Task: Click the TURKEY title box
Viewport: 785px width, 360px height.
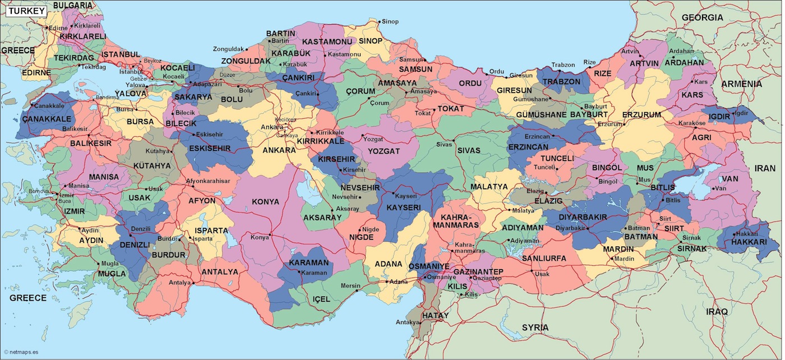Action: (x=25, y=11)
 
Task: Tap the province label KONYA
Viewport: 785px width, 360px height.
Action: (x=265, y=201)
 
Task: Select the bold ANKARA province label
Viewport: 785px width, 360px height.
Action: (x=279, y=150)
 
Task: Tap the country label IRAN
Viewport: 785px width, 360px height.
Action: (x=764, y=168)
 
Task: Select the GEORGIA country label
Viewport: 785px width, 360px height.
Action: (x=703, y=17)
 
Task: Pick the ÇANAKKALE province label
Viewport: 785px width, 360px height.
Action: (x=47, y=119)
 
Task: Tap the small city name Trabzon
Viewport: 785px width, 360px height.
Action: (x=563, y=65)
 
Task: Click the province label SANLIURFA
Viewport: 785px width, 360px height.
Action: (x=544, y=259)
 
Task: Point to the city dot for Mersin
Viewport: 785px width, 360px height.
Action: (x=357, y=291)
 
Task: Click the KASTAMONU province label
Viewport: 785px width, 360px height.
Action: (x=327, y=42)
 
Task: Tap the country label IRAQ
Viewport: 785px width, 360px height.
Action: (x=717, y=311)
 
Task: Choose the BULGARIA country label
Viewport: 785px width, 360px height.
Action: (x=73, y=5)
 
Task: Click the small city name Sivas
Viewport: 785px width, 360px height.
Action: (x=444, y=144)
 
